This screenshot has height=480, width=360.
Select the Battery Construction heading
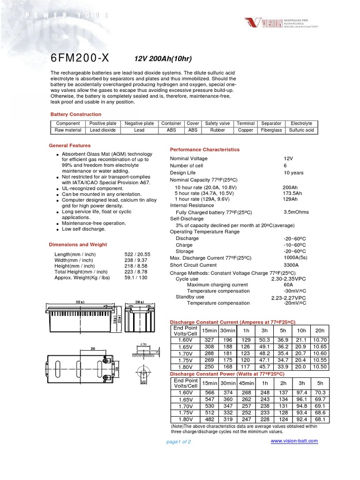(x=75, y=114)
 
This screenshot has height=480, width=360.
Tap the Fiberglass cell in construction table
(x=271, y=130)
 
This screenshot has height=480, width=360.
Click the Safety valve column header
(x=217, y=123)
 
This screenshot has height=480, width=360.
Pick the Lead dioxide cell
(x=103, y=130)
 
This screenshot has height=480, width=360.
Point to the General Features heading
(x=70, y=146)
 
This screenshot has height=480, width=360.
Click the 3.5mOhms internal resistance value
(x=296, y=212)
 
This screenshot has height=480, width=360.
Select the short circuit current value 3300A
(x=291, y=265)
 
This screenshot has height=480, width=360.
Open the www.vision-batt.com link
(x=294, y=441)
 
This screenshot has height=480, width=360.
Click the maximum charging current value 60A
(x=288, y=285)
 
